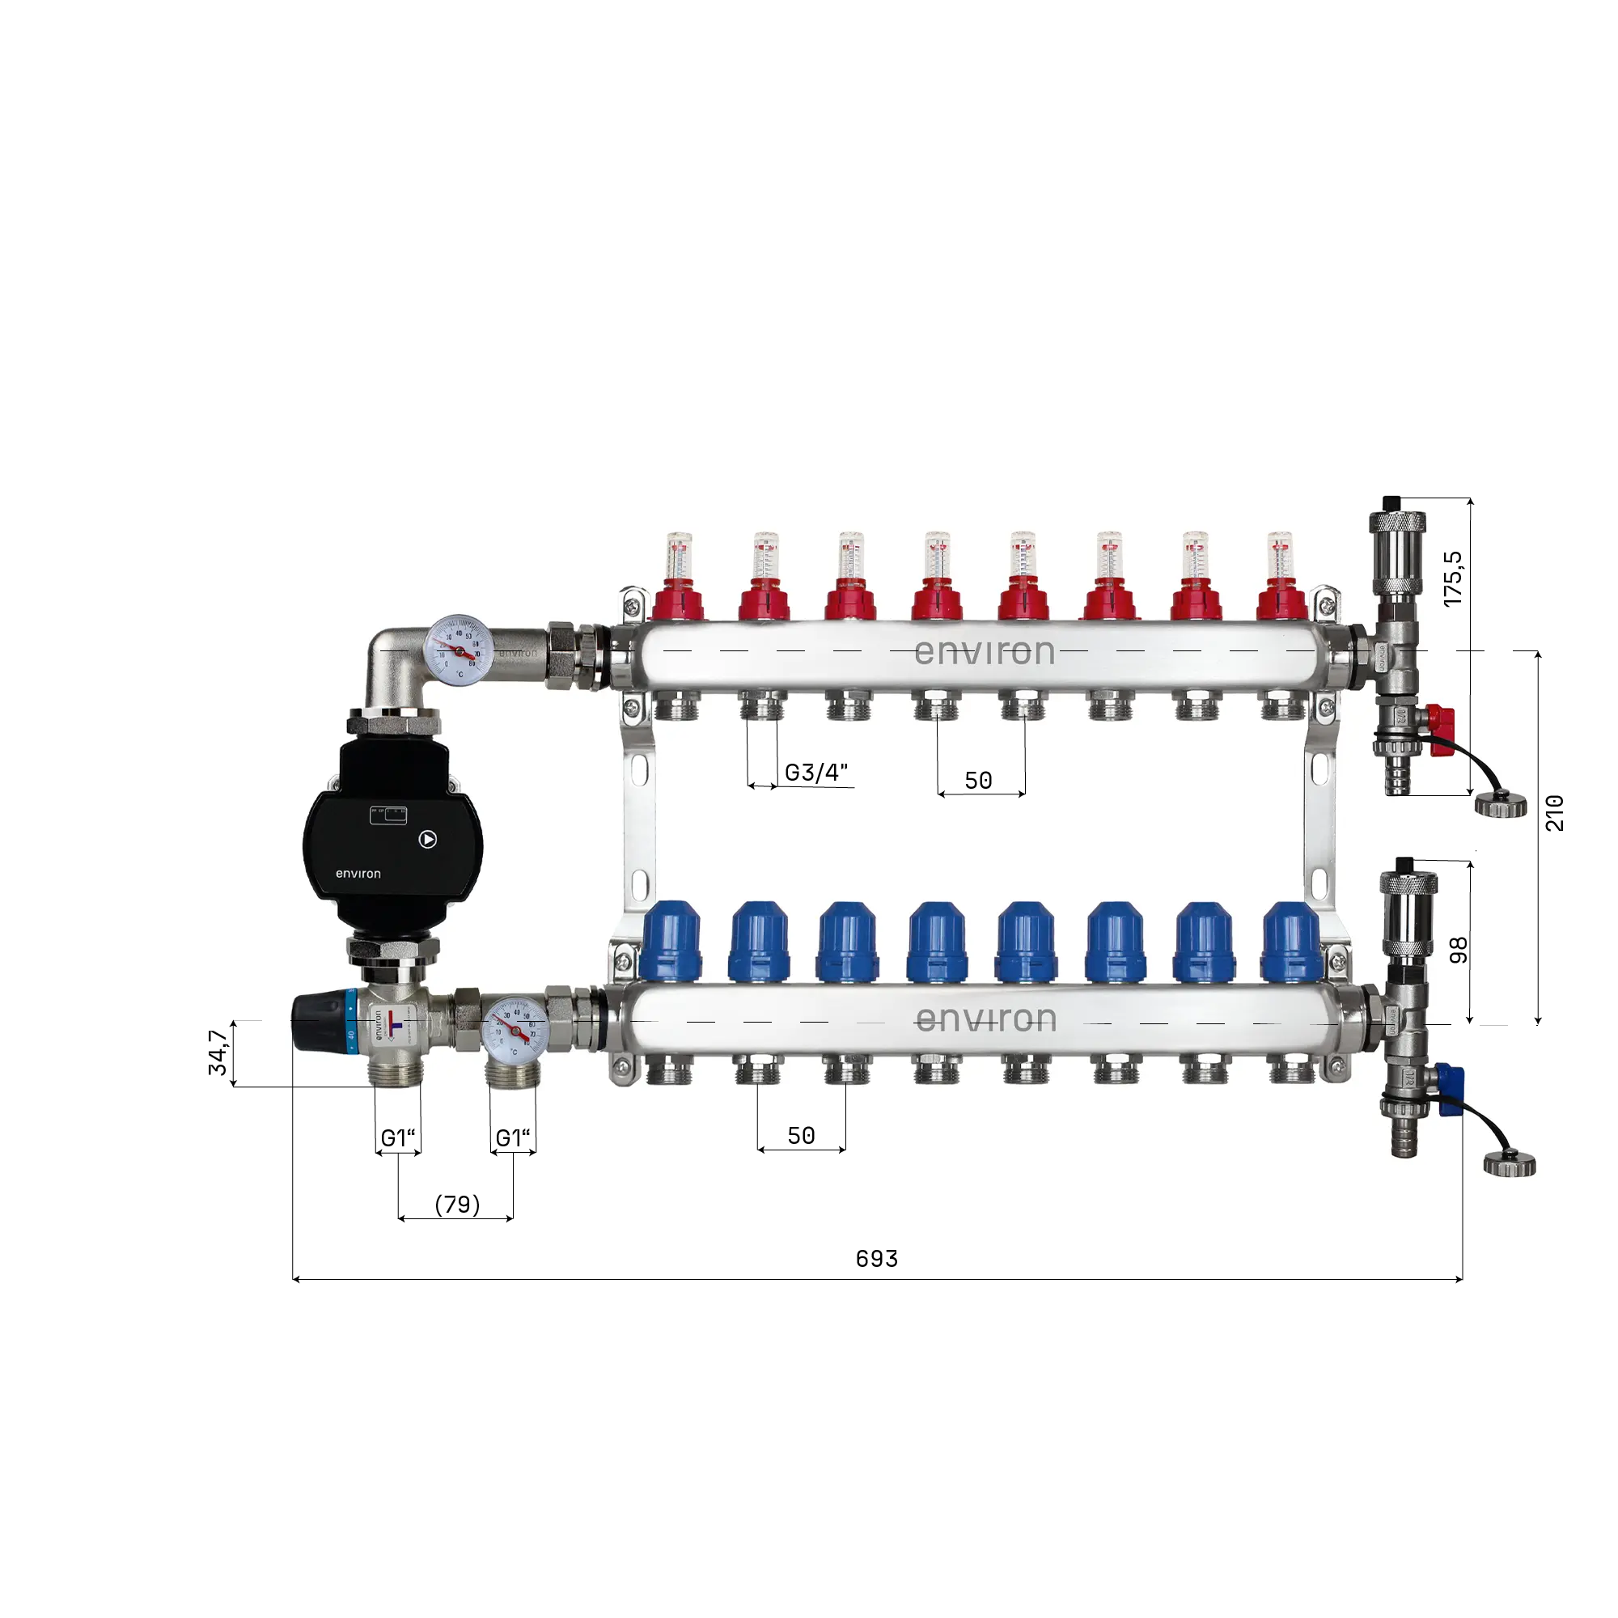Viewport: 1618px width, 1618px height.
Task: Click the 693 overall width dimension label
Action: click(876, 1259)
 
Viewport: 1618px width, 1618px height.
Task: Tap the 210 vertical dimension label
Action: click(1553, 812)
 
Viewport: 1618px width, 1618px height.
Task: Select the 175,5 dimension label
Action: click(1453, 578)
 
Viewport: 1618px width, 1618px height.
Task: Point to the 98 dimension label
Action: click(1458, 950)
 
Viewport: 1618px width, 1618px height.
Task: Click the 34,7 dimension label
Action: click(218, 1052)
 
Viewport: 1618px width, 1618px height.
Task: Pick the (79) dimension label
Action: click(457, 1205)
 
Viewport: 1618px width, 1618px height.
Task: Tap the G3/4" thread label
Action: click(815, 772)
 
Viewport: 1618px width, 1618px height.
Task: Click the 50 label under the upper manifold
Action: click(978, 781)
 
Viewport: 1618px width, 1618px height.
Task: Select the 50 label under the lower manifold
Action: click(801, 1136)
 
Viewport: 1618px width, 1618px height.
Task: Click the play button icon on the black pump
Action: click(428, 838)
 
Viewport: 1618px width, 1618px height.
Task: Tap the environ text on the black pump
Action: click(358, 874)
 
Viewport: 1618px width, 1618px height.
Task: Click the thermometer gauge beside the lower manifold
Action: click(515, 1029)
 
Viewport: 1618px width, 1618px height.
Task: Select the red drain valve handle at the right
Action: click(1442, 719)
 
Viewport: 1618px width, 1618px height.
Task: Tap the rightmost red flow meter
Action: click(1281, 578)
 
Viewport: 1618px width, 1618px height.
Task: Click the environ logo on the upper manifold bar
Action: click(984, 651)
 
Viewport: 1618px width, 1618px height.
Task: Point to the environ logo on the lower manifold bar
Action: click(985, 1019)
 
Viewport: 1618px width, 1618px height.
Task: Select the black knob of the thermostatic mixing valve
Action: click(318, 1021)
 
